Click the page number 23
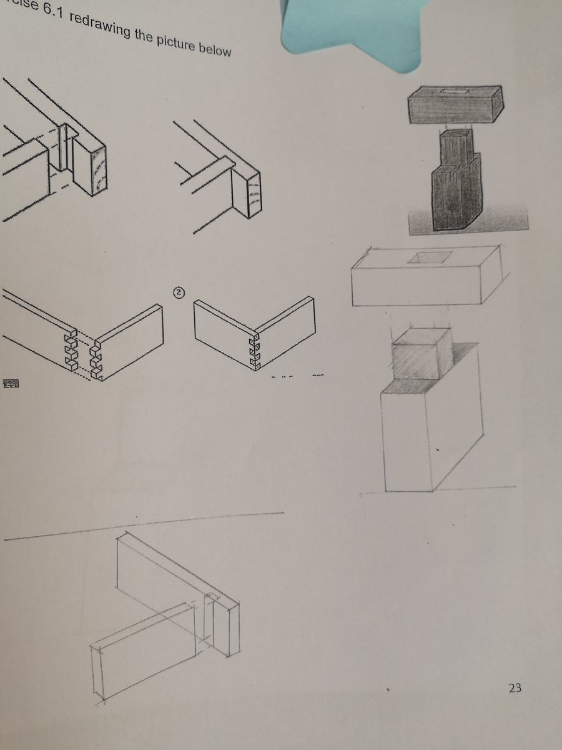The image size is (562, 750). (x=515, y=688)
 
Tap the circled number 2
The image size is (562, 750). (x=179, y=292)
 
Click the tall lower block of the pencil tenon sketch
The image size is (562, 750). (x=431, y=437)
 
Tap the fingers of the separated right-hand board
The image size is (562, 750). (x=97, y=359)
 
